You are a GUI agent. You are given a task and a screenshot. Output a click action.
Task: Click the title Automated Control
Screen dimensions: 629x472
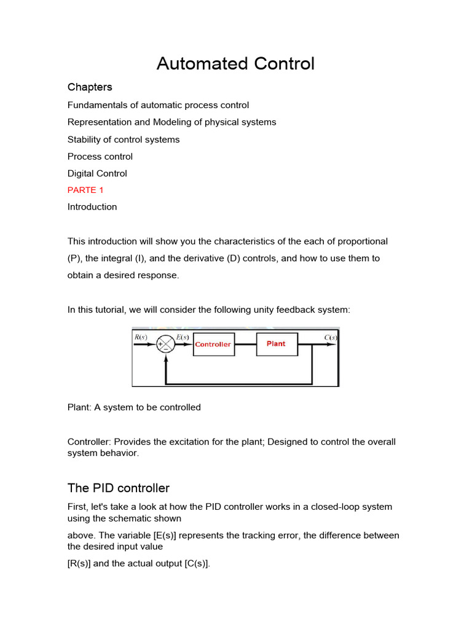click(235, 63)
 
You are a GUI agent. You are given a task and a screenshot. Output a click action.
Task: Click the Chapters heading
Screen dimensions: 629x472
click(90, 87)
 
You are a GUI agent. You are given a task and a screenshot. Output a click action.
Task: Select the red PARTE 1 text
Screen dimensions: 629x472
click(85, 190)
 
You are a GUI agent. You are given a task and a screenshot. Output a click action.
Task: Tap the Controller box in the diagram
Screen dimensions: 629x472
click(213, 345)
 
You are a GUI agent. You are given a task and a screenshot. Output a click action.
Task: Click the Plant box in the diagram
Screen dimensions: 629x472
click(276, 344)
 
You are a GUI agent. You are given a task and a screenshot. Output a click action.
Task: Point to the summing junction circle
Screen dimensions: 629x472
click(165, 345)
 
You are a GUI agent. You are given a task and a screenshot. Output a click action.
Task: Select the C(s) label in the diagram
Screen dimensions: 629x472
click(331, 337)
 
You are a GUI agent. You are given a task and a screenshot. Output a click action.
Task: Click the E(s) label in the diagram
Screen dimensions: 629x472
click(183, 337)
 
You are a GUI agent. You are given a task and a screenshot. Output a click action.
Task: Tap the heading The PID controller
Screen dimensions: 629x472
click(118, 488)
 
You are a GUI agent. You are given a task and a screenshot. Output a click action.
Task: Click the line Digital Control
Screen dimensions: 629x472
click(97, 174)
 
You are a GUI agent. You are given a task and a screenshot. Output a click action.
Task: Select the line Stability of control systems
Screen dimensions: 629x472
click(124, 139)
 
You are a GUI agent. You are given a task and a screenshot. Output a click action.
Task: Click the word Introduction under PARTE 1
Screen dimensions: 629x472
click(92, 207)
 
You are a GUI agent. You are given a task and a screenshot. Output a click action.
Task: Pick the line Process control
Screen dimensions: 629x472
click(100, 157)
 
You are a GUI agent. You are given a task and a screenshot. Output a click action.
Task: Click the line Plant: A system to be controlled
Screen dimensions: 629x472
click(134, 407)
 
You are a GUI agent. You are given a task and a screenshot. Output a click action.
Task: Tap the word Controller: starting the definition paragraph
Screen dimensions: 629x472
click(89, 442)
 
